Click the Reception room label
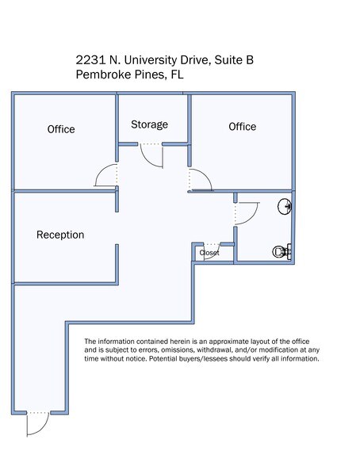click(x=60, y=235)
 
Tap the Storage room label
click(x=149, y=124)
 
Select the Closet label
click(x=209, y=253)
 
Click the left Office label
click(x=61, y=129)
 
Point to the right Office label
click(x=242, y=127)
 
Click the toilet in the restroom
click(x=281, y=252)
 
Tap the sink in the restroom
click(x=285, y=208)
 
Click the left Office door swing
click(x=106, y=176)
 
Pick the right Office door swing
click(x=200, y=181)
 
